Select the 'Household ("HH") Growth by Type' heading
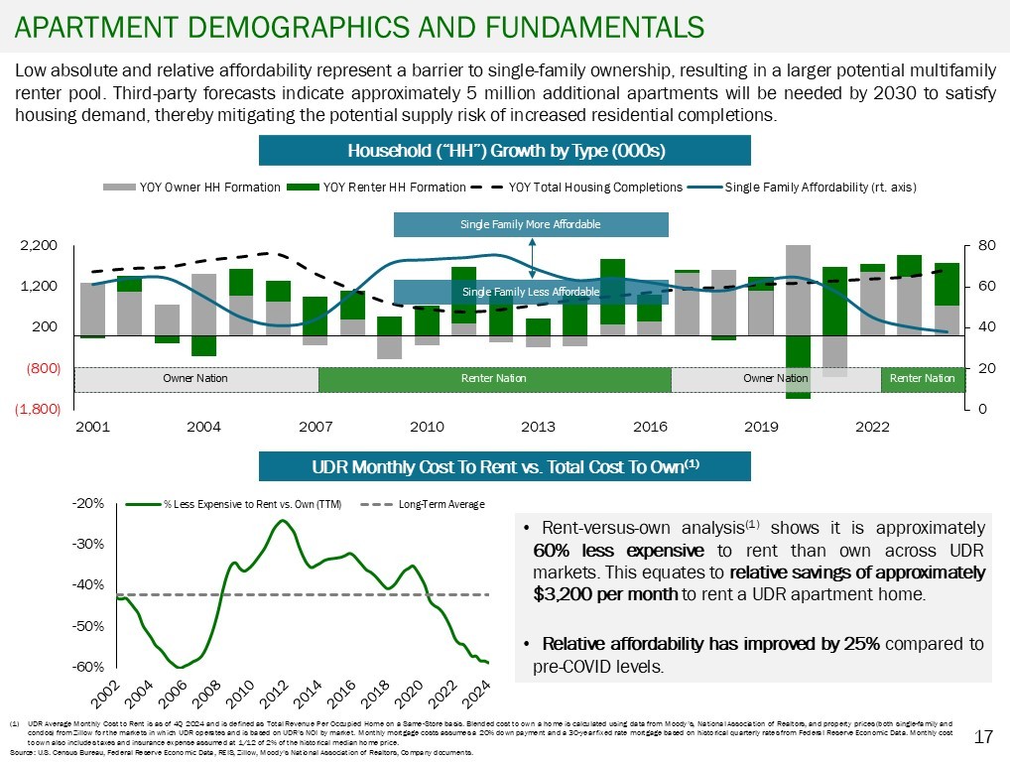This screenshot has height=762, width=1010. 505,151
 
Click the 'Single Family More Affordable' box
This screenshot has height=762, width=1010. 531,224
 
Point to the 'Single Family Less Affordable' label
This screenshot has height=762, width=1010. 531,292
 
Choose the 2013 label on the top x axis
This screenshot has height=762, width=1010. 538,427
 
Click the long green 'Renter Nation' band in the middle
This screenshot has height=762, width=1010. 494,379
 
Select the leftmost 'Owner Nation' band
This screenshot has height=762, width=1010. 195,379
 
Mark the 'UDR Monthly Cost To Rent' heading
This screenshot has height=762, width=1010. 505,466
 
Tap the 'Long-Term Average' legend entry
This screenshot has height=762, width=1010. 442,505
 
